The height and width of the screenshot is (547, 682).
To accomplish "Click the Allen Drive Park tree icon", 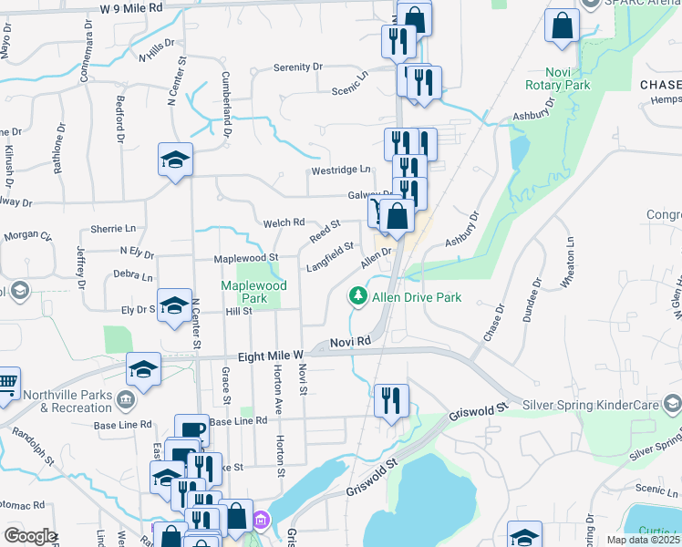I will (x=358, y=296).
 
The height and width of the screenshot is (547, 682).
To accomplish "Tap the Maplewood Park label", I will (x=254, y=292).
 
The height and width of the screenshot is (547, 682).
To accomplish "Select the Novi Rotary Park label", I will (x=557, y=78).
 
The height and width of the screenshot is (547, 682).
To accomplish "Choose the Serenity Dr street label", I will (x=298, y=67).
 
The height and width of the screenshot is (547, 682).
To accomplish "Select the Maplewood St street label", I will (x=244, y=259).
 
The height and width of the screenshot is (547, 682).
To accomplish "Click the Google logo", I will (x=29, y=536).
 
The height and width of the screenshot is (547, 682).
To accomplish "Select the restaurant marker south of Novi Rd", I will (x=391, y=400).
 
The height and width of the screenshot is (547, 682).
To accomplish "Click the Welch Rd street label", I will (x=284, y=222).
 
